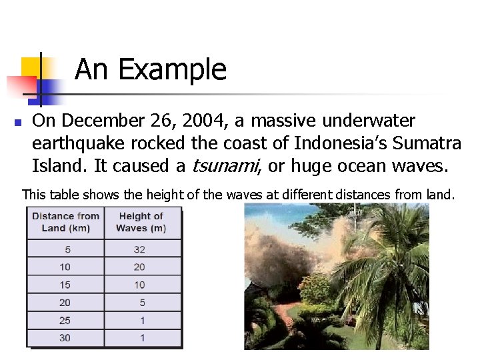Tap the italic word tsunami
(223, 165)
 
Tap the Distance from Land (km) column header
(65, 222)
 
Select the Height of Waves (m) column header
(141, 222)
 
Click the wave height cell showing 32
(140, 249)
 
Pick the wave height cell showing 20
(140, 267)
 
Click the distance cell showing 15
(65, 285)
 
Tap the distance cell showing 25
(65, 321)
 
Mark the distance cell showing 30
(65, 338)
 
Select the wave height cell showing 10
(140, 285)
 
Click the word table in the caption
(61, 195)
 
